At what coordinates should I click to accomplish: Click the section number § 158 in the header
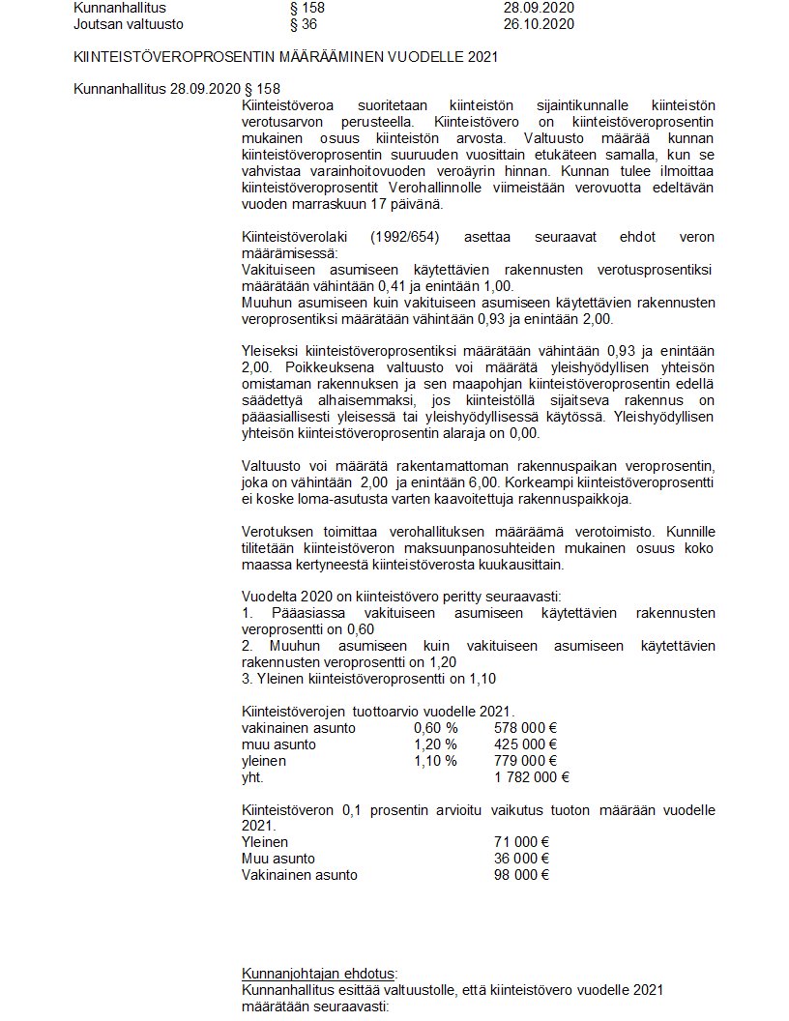click(x=308, y=8)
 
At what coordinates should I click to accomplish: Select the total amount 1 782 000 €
click(x=531, y=776)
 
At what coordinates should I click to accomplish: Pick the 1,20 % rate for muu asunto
click(x=435, y=744)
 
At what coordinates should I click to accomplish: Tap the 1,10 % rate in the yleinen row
click(x=435, y=761)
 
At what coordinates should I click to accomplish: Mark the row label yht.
click(x=251, y=776)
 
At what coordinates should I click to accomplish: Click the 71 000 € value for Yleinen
click(x=521, y=842)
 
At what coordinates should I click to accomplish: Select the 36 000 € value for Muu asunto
click(x=521, y=859)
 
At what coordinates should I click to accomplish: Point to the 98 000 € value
click(x=521, y=875)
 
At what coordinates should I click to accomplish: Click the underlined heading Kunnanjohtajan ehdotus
click(x=319, y=974)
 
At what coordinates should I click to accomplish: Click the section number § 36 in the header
click(x=305, y=23)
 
